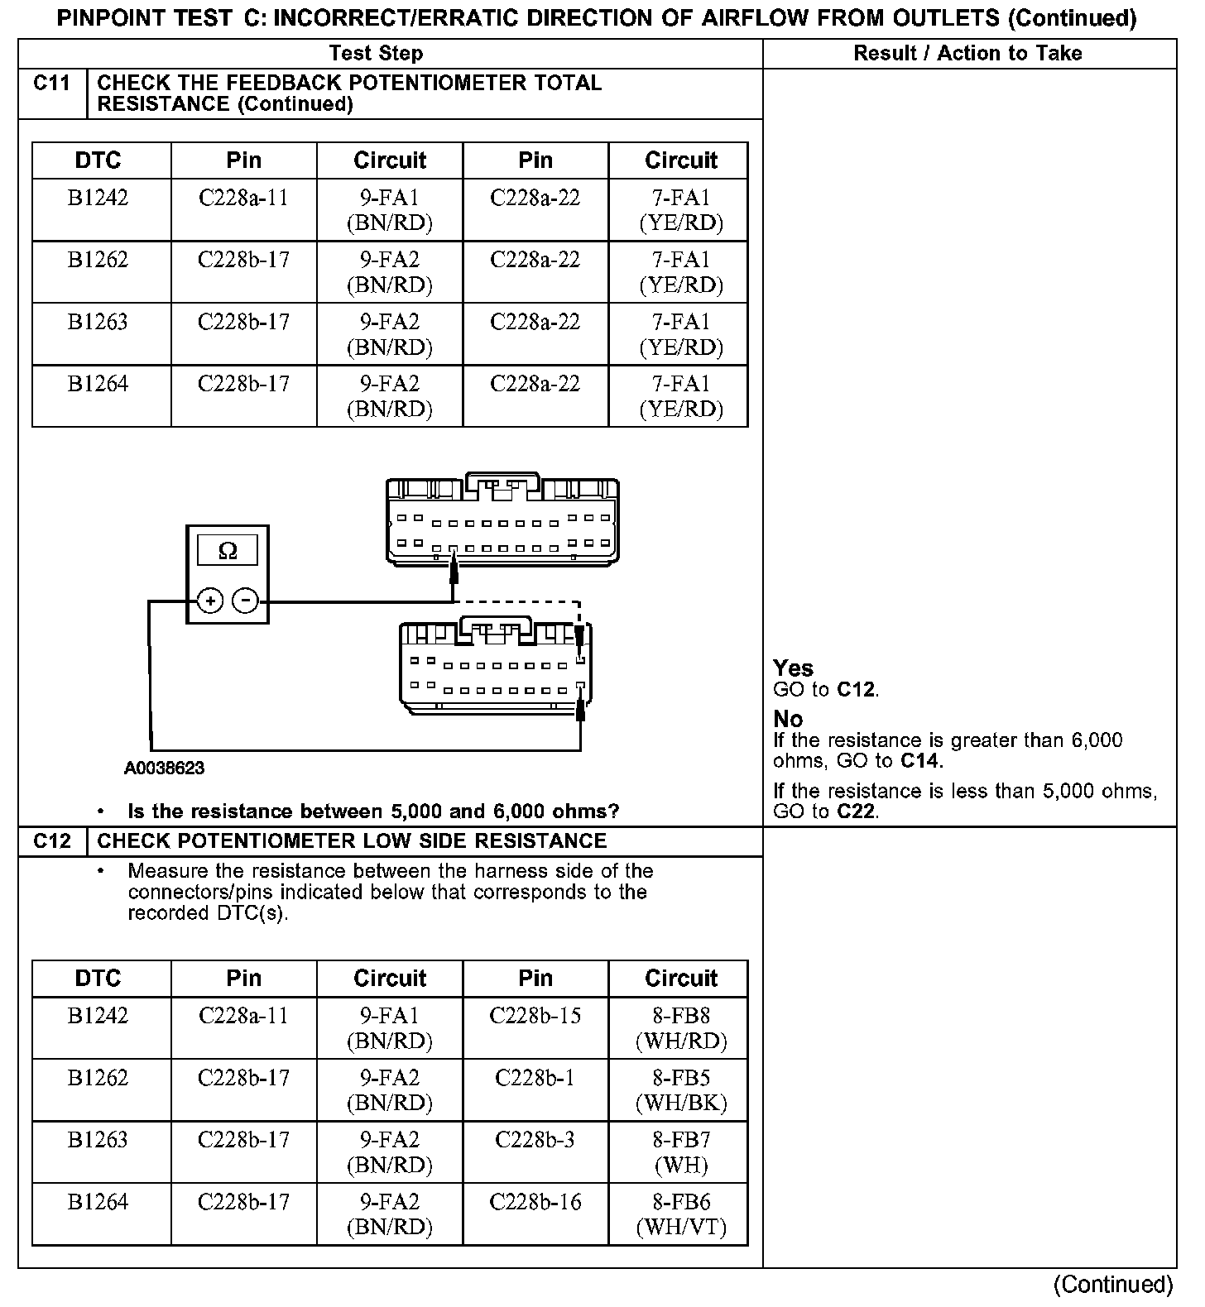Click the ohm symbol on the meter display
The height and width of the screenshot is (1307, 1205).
[228, 551]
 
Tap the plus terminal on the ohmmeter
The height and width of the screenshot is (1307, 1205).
[210, 601]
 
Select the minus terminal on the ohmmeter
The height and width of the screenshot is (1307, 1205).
[246, 601]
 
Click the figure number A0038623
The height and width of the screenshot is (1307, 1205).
[165, 768]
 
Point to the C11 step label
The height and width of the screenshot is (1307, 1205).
[51, 84]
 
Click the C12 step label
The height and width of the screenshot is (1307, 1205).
[51, 841]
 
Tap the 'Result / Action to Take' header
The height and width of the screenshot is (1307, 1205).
[967, 54]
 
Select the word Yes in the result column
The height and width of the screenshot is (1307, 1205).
[793, 668]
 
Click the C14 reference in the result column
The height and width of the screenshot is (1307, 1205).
[920, 761]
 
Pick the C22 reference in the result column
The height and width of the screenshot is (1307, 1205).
[856, 811]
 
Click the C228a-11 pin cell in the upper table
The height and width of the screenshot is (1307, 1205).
[243, 199]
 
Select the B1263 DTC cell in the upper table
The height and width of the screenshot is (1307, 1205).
[98, 323]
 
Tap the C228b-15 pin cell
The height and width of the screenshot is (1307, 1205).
[535, 1017]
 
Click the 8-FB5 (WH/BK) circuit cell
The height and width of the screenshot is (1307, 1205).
[681, 1090]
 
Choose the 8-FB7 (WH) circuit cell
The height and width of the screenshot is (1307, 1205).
[681, 1152]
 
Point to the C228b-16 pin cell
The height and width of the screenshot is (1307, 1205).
[535, 1203]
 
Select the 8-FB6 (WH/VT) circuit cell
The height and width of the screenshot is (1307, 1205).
[681, 1214]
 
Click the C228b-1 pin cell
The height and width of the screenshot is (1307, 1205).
[535, 1079]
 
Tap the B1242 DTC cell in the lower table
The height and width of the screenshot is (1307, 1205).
[98, 1017]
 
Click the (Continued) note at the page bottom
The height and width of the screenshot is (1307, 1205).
[1113, 1285]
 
